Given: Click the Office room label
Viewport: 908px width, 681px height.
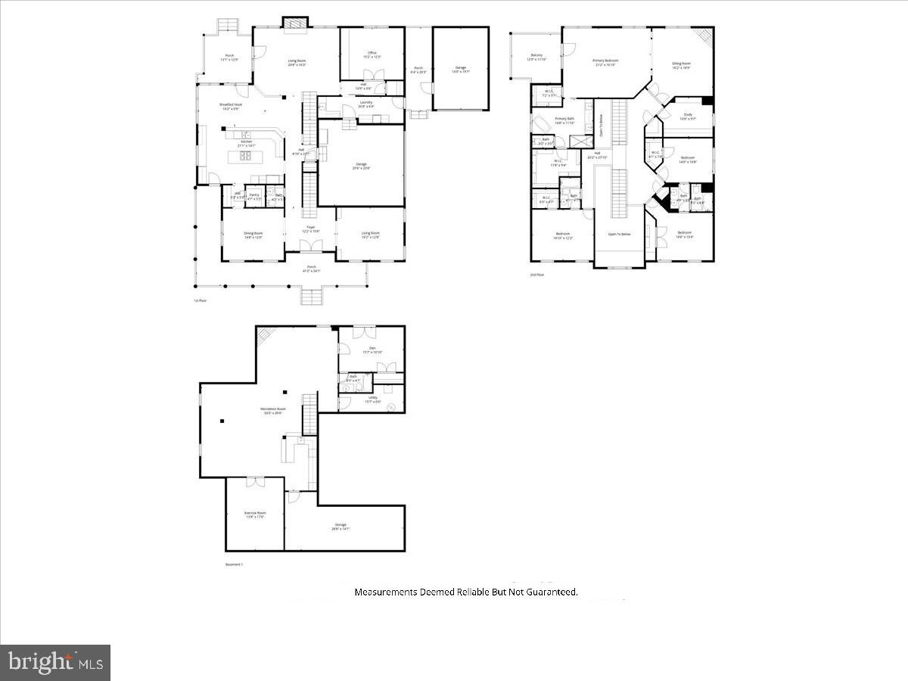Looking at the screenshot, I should pyautogui.click(x=370, y=54).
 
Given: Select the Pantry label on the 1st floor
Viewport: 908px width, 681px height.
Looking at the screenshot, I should pyautogui.click(x=254, y=196).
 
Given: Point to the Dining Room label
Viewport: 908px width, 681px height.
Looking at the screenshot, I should pyautogui.click(x=253, y=235).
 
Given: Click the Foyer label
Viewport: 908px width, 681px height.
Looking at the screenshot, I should pyautogui.click(x=310, y=229).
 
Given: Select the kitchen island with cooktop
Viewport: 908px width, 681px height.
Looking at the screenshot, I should pyautogui.click(x=246, y=157).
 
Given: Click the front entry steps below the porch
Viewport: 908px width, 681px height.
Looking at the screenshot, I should pyautogui.click(x=311, y=296).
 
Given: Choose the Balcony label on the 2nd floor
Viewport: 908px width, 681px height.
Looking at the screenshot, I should pyautogui.click(x=536, y=57).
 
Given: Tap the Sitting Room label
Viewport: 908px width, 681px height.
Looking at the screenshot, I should pyautogui.click(x=681, y=65).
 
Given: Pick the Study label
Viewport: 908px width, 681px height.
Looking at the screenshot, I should pyautogui.click(x=687, y=117).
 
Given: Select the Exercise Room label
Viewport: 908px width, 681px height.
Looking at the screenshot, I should pyautogui.click(x=255, y=515).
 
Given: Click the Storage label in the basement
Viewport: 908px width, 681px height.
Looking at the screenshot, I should pyautogui.click(x=340, y=527).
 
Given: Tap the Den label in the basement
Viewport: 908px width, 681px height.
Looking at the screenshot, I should pyautogui.click(x=372, y=350).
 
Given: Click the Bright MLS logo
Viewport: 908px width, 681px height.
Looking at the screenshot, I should pyautogui.click(x=55, y=663).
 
